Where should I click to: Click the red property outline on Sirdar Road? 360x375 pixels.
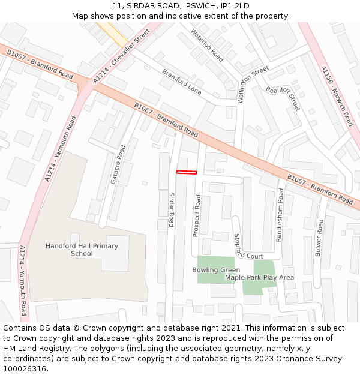[186, 173]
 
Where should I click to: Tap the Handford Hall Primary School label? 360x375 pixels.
[82, 250]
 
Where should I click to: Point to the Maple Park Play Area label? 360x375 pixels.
[259, 277]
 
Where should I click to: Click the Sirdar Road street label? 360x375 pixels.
[171, 209]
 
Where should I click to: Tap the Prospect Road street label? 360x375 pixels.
[196, 215]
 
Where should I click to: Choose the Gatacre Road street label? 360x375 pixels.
[117, 164]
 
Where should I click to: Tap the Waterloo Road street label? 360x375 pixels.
[207, 46]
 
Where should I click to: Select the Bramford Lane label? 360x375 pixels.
[181, 82]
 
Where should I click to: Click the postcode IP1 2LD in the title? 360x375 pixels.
[236, 6]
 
